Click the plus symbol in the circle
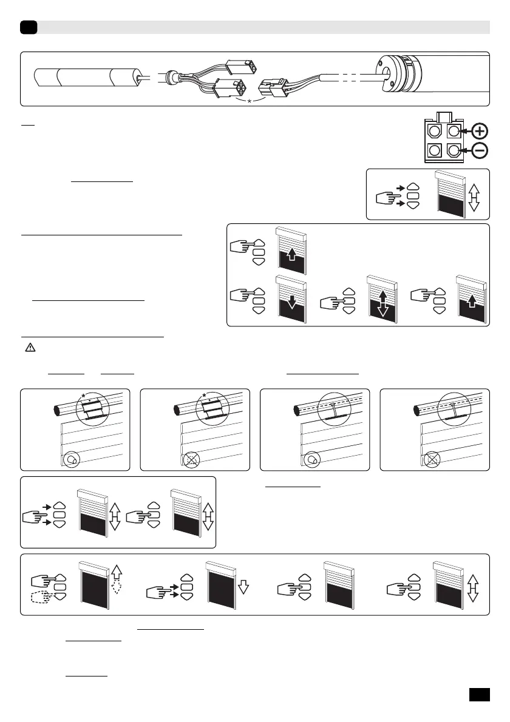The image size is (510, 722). pyautogui.click(x=480, y=132)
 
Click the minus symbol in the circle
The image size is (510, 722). pyautogui.click(x=480, y=150)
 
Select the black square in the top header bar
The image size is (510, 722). pyautogui.click(x=29, y=27)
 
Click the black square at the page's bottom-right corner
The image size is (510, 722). pyautogui.click(x=480, y=693)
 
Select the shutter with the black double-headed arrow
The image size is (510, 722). pyautogui.click(x=381, y=302)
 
